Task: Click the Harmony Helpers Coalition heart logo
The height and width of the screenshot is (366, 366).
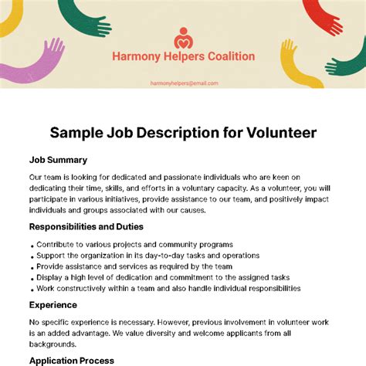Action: tap(183, 37)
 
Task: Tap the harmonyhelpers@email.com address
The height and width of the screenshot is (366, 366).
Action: tap(183, 83)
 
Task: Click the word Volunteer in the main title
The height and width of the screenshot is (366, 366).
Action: tap(272, 133)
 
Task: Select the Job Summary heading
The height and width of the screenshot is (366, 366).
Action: tap(59, 160)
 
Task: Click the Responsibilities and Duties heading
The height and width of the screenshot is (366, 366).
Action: tap(86, 227)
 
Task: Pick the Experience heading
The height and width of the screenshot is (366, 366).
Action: tap(54, 305)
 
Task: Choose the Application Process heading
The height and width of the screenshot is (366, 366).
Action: tap(72, 361)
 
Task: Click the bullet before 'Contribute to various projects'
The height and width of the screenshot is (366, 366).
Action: tap(32, 245)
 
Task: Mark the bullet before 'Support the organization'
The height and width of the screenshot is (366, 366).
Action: tap(32, 256)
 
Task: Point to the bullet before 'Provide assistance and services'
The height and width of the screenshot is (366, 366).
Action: tap(32, 266)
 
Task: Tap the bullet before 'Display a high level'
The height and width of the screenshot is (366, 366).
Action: tap(32, 277)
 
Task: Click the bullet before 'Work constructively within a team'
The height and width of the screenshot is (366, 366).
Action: tap(32, 289)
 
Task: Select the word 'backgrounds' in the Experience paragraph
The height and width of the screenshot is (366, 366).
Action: tap(53, 344)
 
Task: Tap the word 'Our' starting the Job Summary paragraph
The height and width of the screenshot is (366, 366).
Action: tap(38, 177)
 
